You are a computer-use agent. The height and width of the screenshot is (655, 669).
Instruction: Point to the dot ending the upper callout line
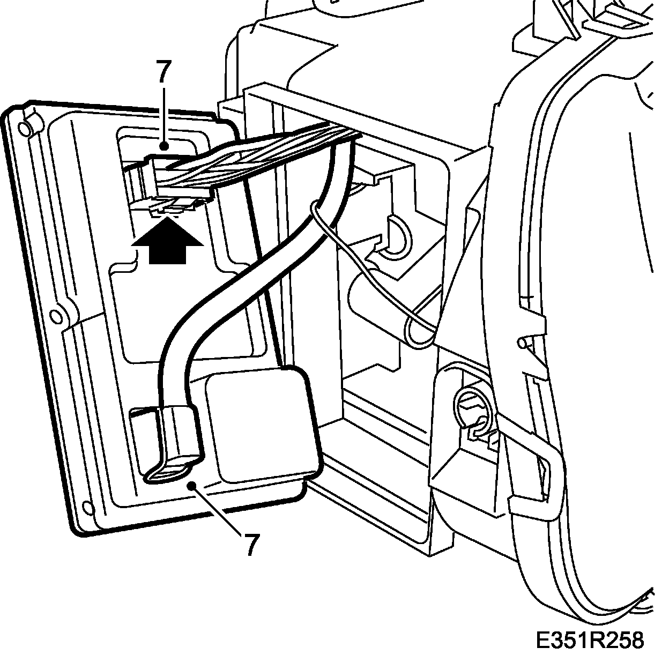pyautogui.click(x=165, y=145)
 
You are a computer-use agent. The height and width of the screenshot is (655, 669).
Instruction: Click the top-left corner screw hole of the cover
pyautogui.click(x=24, y=129)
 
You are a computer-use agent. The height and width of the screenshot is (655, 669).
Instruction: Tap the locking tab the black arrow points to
pyautogui.click(x=172, y=204)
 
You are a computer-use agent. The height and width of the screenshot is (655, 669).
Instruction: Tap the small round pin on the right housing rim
pyautogui.click(x=521, y=343)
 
